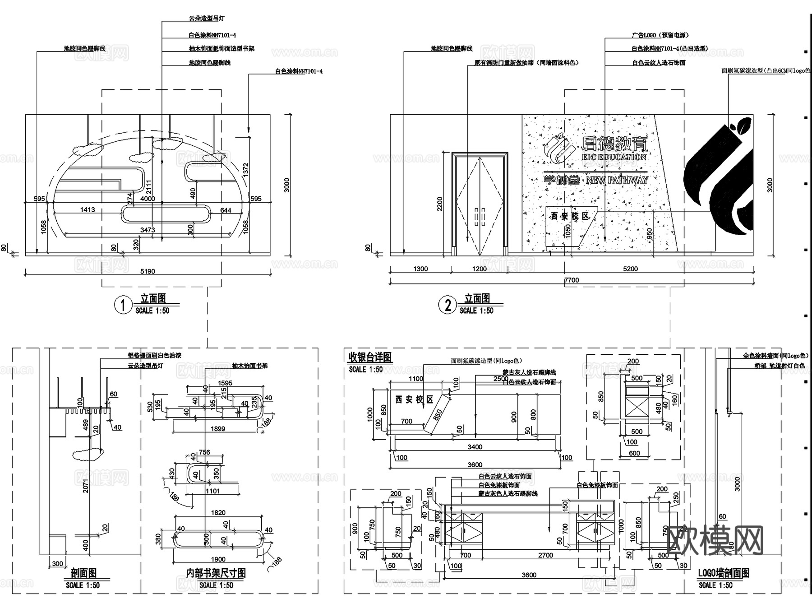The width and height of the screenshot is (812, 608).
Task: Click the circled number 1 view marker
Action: point(122,306)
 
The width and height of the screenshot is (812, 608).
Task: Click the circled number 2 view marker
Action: point(447,306)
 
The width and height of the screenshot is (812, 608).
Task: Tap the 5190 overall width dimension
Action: point(148,271)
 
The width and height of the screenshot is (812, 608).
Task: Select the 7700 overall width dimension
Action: point(572,280)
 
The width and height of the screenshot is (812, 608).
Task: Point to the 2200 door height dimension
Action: point(440,204)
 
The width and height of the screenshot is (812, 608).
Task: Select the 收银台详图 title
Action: point(370,357)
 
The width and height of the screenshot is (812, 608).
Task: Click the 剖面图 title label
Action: point(83,573)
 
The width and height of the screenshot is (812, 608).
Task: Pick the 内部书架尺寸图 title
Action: point(216,573)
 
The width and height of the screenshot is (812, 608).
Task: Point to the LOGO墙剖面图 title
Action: point(724,573)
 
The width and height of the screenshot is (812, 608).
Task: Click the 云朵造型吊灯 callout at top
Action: point(207,19)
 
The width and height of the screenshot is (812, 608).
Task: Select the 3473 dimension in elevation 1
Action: point(148,230)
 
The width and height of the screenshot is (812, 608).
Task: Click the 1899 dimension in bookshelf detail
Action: point(218,428)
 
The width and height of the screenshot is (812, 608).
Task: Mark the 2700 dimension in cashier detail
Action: point(545,555)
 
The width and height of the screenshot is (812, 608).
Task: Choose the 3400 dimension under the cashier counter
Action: point(475,447)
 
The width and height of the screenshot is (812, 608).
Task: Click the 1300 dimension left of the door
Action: point(420,269)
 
